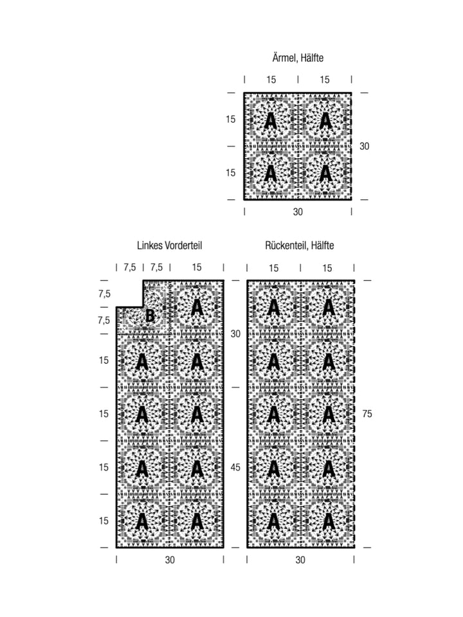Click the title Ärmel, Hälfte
(298, 58)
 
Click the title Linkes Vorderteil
(169, 246)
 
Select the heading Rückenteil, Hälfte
(299, 246)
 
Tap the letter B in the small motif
(150, 316)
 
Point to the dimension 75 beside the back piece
(367, 414)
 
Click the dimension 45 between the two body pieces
(235, 467)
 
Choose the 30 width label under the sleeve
(298, 212)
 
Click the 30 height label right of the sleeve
(364, 147)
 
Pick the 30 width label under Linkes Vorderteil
(170, 560)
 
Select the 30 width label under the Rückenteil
(300, 560)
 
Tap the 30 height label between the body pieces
(235, 334)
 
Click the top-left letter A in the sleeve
(270, 121)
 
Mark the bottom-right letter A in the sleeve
(325, 173)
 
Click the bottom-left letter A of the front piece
(141, 522)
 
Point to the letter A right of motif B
(197, 308)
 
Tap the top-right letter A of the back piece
(328, 308)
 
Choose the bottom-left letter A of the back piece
(273, 522)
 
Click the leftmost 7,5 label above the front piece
(129, 267)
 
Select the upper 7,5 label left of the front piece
(104, 294)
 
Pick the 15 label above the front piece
(197, 267)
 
